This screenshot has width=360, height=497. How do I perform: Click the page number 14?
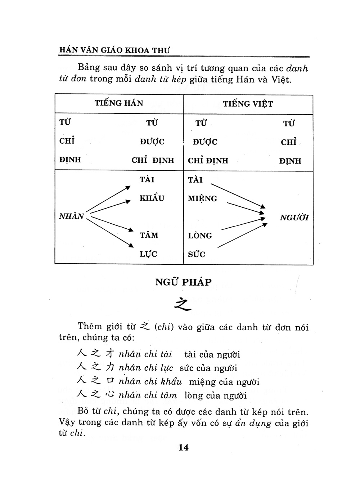(x=183, y=448)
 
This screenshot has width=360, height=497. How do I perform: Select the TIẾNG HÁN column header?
(x=119, y=103)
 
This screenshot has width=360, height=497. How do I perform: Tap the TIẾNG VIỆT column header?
(x=248, y=104)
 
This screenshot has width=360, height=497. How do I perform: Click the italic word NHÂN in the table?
(x=71, y=216)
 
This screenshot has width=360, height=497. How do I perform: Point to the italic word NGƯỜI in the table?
(x=294, y=218)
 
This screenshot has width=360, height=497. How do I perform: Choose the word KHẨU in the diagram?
(x=152, y=198)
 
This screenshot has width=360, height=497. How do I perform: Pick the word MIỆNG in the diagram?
(x=202, y=199)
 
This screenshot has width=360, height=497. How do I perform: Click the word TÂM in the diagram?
(x=149, y=236)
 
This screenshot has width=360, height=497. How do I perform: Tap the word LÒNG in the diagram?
(x=200, y=236)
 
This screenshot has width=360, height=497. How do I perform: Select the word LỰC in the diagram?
(x=148, y=254)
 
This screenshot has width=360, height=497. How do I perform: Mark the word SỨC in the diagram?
(x=197, y=255)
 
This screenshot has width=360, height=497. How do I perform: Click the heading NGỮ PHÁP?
(x=183, y=282)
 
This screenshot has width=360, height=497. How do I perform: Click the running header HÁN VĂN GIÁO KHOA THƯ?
(x=114, y=50)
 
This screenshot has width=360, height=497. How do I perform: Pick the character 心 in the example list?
(x=109, y=395)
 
